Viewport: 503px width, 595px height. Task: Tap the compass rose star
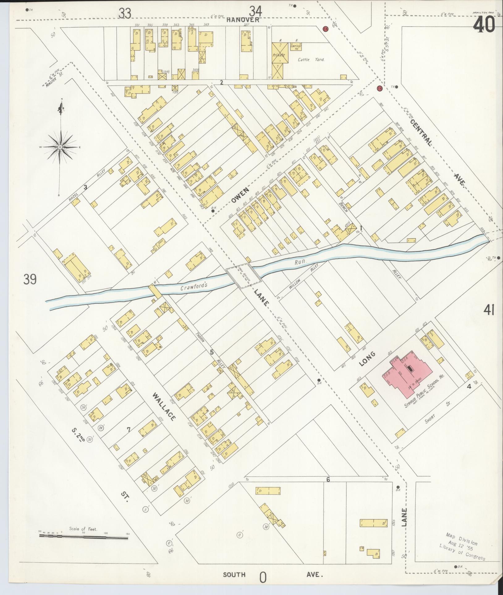61,147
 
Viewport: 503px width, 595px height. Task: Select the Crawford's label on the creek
193,286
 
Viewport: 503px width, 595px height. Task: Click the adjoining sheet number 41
489,310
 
